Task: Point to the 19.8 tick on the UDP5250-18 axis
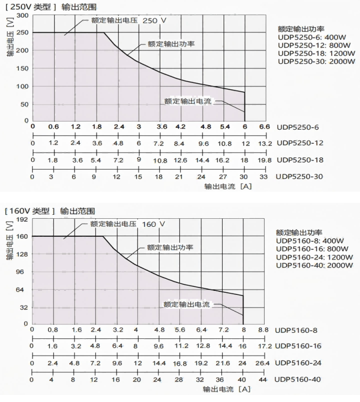tap(265, 160)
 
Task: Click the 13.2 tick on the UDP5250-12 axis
tap(265, 143)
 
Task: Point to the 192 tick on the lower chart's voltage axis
tap(22, 219)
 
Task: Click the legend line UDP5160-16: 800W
tap(314, 249)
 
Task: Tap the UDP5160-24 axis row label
tap(298, 362)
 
